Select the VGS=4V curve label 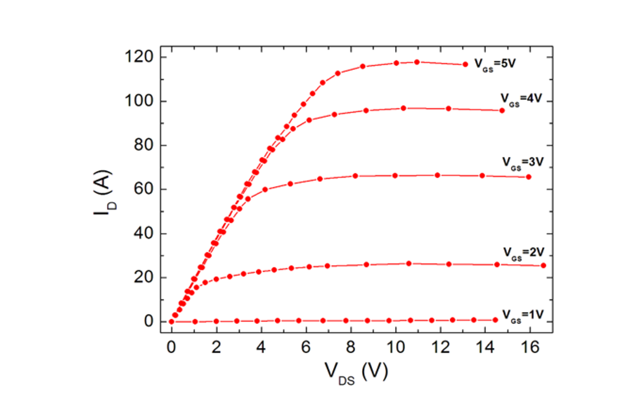coord(521,98)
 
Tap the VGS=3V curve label coord(523,162)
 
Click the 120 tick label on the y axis coord(139,57)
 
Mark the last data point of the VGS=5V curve coord(465,64)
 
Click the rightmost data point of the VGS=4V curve coord(502,110)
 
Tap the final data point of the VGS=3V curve coord(529,176)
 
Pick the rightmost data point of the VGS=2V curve coord(543,265)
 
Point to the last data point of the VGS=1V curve coord(495,320)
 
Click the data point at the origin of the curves coord(171,322)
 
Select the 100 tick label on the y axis coord(139,101)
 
